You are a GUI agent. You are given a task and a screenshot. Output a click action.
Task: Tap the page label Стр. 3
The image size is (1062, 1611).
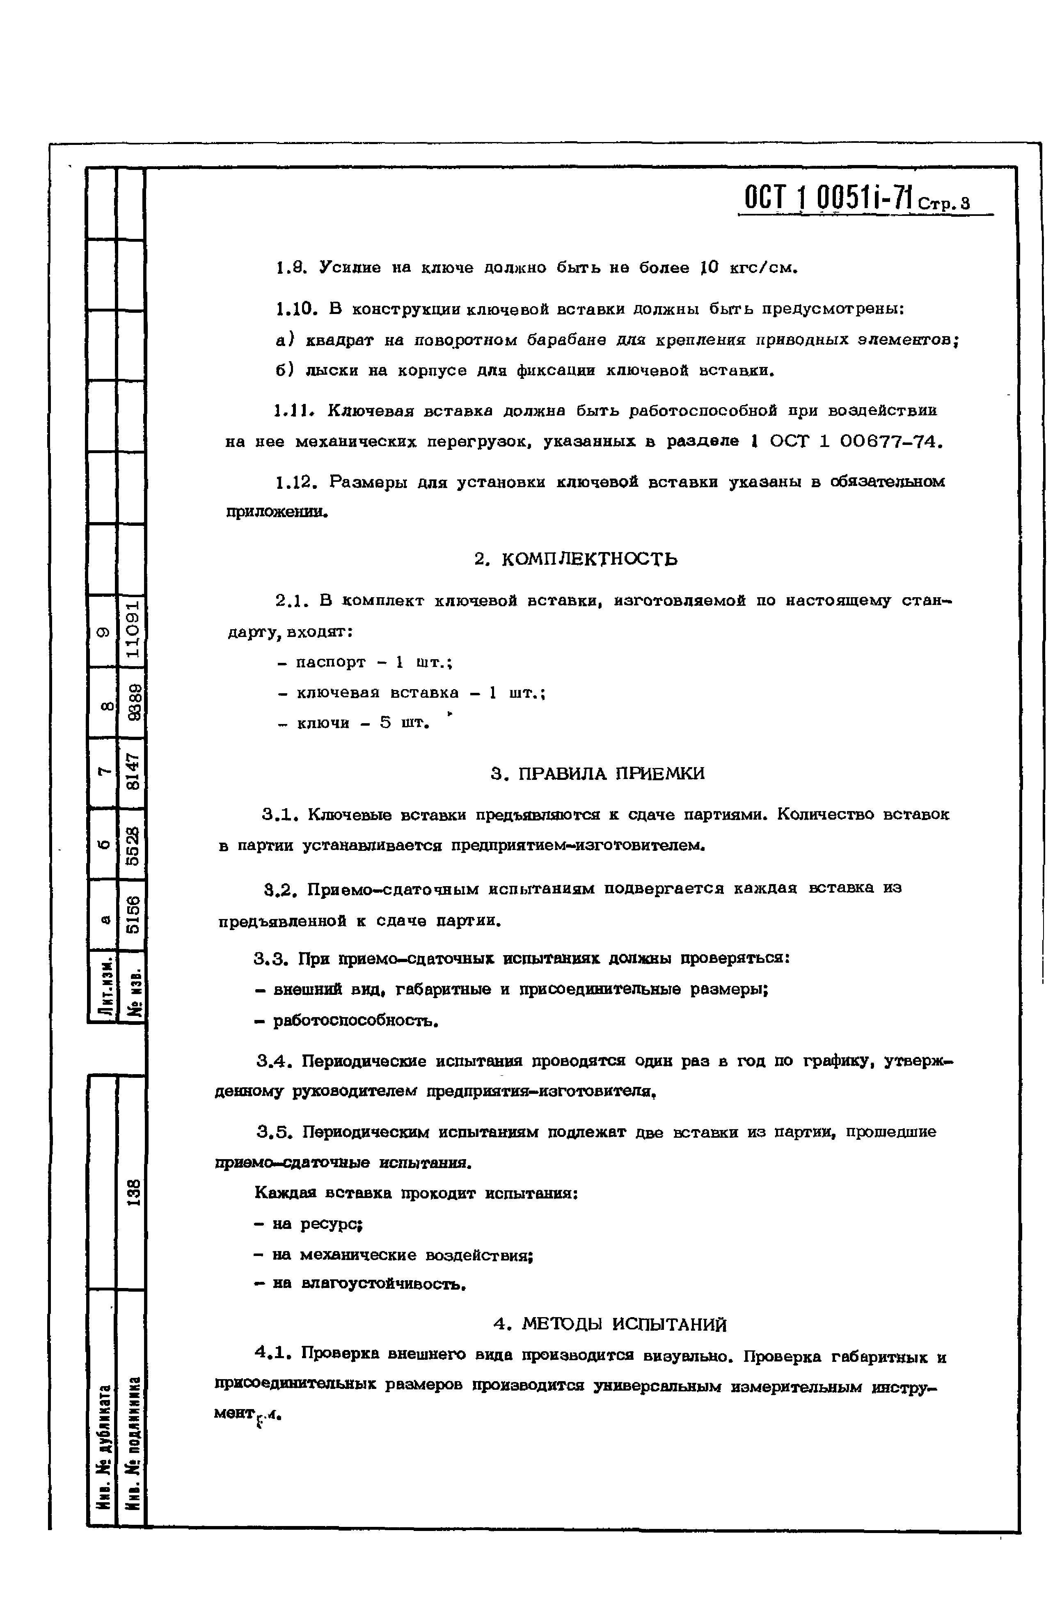944,203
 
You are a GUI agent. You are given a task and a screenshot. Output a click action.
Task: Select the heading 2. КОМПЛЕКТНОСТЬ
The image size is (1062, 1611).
576,559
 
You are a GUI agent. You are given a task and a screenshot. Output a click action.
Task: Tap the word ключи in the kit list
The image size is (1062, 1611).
323,724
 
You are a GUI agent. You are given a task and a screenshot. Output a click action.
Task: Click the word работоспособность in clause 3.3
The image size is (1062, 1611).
355,1020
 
